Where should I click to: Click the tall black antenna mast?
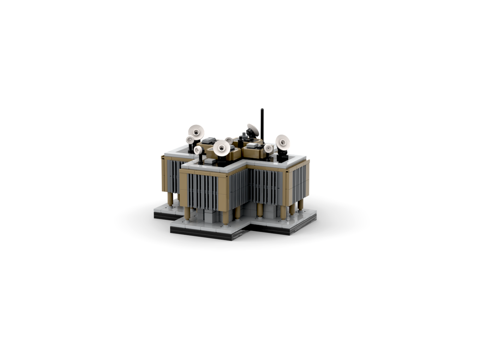coord(262,122)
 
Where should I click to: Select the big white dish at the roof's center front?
coord(221,147)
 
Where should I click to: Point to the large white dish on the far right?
coord(282,142)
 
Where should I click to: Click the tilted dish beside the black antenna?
coord(253,130)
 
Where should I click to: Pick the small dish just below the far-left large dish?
coord(190,140)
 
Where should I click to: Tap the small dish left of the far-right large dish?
coord(269,148)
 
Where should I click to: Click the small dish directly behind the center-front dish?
coord(229,141)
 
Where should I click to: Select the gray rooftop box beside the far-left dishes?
coord(209,141)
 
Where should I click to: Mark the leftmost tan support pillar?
coord(170,199)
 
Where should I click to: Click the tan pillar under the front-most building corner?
coord(226,217)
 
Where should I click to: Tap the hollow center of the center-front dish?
coord(221,148)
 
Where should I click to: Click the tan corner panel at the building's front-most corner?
coord(223,192)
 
